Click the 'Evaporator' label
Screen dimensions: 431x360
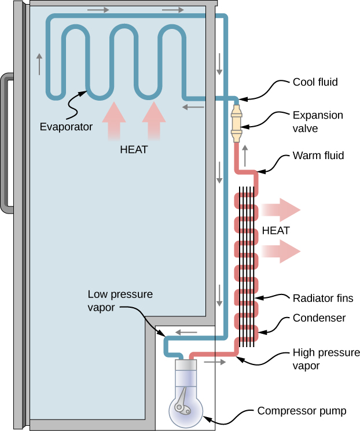pyautogui.click(x=66, y=127)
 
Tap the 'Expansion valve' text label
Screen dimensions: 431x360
pyautogui.click(x=318, y=121)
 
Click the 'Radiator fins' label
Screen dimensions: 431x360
pyautogui.click(x=323, y=298)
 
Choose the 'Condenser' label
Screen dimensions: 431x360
pyautogui.click(x=319, y=318)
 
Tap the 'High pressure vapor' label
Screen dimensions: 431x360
pyautogui.click(x=326, y=359)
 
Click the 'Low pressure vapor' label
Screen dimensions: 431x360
pyautogui.click(x=120, y=301)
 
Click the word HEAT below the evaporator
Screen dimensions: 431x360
pyautogui.click(x=134, y=149)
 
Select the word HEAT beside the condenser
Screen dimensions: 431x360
pyautogui.click(x=276, y=230)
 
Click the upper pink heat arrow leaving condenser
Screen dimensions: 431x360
pyautogui.click(x=281, y=209)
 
